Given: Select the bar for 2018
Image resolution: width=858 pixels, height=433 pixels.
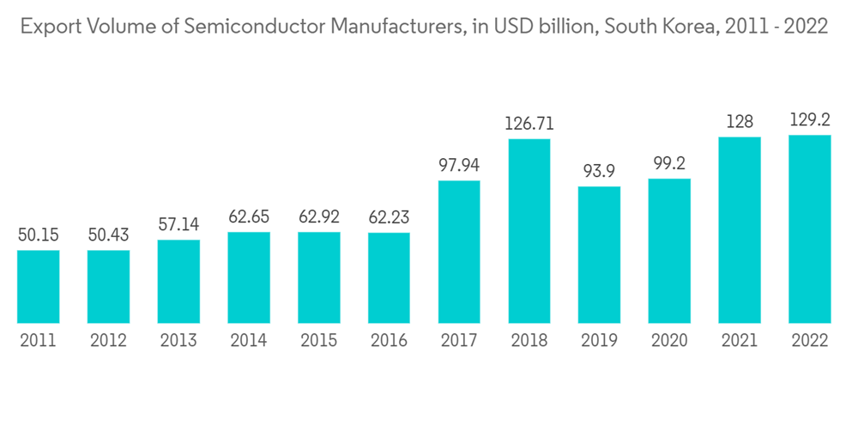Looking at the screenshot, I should tap(529, 230).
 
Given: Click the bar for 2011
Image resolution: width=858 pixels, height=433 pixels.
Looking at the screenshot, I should tap(39, 286).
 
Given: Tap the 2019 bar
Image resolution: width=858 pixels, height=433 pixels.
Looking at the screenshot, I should tap(600, 254).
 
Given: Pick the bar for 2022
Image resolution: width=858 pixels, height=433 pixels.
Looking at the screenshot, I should tap(810, 229).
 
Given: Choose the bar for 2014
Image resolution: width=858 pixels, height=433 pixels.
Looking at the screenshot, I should tap(249, 277).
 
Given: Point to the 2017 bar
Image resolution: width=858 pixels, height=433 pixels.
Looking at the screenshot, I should tap(459, 251).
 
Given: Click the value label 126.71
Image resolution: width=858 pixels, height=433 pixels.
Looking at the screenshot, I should tap(529, 124).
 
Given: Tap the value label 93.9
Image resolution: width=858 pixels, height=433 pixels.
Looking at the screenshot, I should tap(600, 171).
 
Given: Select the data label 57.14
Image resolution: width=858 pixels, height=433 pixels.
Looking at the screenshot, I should tap(178, 225).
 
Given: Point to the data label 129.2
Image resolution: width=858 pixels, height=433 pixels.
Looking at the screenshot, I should tap(810, 119).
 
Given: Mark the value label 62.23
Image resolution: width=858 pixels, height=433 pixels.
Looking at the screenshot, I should tap(389, 217).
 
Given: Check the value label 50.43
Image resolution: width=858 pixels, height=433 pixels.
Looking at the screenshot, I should tap(108, 235).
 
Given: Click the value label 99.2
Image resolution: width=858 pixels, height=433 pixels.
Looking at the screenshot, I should tap(669, 163).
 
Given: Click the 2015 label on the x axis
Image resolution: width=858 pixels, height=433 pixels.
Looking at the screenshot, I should tap(319, 340).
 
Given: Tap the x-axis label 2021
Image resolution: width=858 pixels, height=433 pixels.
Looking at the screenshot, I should tap(740, 340).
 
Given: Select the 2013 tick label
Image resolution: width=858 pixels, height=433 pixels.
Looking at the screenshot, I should tap(178, 340).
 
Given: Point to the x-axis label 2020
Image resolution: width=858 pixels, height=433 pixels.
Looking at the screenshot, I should tap(669, 340).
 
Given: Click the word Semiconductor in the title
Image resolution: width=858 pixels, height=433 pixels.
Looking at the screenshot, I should tap(237, 27).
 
